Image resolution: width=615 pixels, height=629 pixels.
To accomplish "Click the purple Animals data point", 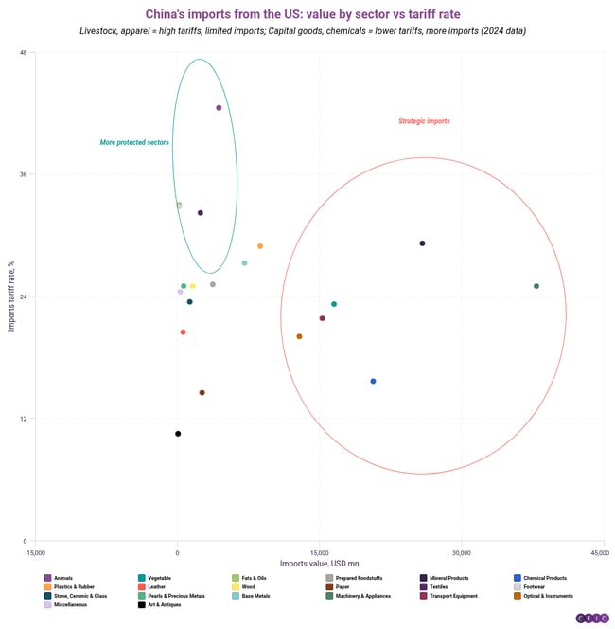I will tap(219, 108).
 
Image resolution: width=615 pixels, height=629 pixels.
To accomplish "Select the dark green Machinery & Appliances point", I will tap(536, 286).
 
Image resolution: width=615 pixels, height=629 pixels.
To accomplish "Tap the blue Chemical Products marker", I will tap(373, 381).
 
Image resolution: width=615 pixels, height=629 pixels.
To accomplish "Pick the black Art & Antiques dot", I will tap(178, 434).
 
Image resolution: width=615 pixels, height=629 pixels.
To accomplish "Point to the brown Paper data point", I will tap(202, 393).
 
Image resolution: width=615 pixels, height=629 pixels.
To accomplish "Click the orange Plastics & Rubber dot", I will tap(260, 246).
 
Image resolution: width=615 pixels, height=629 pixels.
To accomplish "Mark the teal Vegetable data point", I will tap(334, 304).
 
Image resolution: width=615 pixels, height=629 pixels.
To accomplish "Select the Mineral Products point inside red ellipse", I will tap(422, 243).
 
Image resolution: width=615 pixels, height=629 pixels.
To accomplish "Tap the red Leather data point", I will tap(184, 332).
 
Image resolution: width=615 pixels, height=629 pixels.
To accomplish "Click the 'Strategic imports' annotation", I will tap(424, 121).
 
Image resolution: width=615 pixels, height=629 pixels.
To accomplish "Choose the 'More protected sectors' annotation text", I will tap(134, 143).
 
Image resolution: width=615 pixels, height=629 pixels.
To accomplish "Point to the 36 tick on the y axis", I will tap(23, 174).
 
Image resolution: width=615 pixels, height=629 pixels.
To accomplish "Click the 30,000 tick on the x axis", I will tap(461, 551).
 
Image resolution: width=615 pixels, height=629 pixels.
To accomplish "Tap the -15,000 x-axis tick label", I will tap(35, 551).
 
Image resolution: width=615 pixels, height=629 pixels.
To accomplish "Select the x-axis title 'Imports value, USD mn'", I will tap(319, 564).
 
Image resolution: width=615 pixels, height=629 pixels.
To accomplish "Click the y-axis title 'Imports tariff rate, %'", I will tap(10, 296).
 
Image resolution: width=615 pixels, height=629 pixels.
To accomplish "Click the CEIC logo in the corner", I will tap(592, 618).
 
